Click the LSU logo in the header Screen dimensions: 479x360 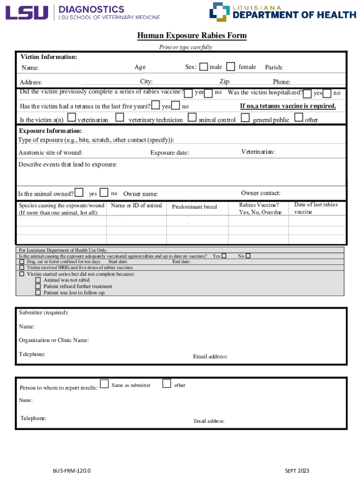[x=27, y=13]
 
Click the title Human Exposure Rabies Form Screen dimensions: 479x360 [x=192, y=36]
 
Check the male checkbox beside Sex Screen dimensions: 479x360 [x=203, y=67]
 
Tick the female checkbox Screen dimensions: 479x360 [x=230, y=67]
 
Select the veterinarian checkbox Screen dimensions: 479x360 [x=72, y=117]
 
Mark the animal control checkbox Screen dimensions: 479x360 [x=192, y=117]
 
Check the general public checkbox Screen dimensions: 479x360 [x=245, y=117]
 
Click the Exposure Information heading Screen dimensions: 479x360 [x=50, y=131]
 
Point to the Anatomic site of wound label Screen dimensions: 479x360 [x=50, y=152]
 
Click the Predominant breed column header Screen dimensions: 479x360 [x=194, y=207]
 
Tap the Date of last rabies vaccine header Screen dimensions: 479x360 [x=316, y=208]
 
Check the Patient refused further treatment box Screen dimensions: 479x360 [x=38, y=286]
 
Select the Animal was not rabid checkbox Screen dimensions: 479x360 [x=38, y=280]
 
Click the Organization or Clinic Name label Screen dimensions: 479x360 [x=54, y=340]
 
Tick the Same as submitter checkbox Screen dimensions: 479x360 [x=105, y=384]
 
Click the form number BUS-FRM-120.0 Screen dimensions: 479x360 [x=72, y=471]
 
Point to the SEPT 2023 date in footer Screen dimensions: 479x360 [x=297, y=471]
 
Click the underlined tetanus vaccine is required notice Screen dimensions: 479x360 [x=288, y=106]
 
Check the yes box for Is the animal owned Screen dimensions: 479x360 [x=79, y=192]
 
